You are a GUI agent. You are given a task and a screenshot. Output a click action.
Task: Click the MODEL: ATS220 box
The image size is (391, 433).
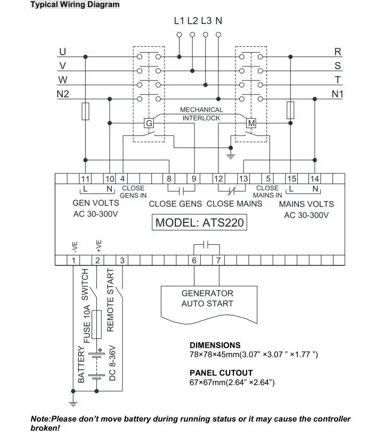199,222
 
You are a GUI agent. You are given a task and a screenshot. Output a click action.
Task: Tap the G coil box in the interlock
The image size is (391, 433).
149,123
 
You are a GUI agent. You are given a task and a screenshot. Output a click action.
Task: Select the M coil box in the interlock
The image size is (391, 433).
251,123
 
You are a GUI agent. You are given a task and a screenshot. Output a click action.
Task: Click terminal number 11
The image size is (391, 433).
85,179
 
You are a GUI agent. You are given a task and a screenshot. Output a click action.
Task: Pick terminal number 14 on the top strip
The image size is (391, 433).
315,179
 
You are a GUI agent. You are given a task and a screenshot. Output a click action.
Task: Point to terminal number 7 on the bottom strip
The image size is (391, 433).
218,260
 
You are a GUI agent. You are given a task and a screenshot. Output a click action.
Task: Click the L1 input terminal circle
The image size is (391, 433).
179,35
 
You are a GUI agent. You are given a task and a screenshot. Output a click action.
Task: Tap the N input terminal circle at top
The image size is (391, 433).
218,35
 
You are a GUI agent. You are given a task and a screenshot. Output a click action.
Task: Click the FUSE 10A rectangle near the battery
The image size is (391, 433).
96,324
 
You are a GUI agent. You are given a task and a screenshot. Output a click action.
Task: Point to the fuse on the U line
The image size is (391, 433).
85,111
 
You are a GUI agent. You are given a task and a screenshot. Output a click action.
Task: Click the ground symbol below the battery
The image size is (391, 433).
73,404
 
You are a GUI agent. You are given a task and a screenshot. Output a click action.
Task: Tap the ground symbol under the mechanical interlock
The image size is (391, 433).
230,156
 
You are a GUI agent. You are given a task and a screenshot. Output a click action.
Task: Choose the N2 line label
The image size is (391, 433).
63,94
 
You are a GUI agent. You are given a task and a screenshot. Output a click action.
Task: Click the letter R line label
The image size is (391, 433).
338,52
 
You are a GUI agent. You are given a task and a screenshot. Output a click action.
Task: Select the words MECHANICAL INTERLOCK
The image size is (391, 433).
201,114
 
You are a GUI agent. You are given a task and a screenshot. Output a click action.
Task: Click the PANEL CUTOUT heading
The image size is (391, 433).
221,373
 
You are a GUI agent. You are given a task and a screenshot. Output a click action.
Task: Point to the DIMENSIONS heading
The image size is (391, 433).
215,345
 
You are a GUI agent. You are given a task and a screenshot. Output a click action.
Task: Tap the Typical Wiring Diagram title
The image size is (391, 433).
75,4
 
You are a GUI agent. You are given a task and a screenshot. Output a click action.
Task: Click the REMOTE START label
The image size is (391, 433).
110,300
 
